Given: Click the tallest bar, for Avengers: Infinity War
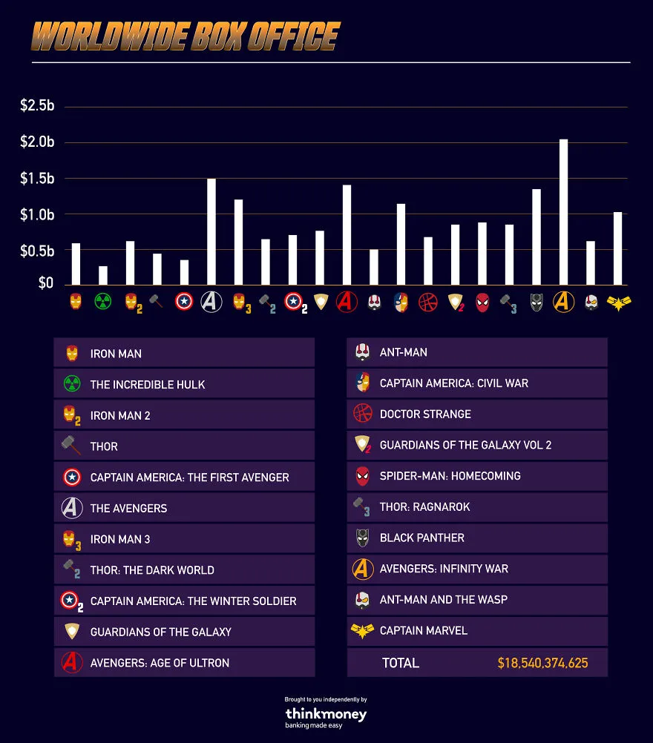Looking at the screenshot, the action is [x=563, y=212].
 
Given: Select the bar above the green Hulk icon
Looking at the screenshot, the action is [x=103, y=275].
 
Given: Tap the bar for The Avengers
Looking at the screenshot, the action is [x=211, y=231].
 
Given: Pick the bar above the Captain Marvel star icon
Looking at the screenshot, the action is [x=618, y=248].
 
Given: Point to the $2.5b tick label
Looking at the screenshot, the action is [x=37, y=105].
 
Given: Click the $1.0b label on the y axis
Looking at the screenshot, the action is [x=37, y=214].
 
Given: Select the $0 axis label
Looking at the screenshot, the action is [x=45, y=283].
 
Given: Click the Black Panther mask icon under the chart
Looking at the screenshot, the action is [x=536, y=302].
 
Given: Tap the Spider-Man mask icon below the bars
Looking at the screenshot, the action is [x=482, y=303].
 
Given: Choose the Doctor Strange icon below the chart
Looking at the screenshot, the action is [x=427, y=302].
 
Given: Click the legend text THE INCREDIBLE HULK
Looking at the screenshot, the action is [x=148, y=384].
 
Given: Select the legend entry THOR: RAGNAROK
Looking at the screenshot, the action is [x=425, y=507].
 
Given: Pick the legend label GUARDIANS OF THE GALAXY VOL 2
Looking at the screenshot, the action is [x=466, y=445].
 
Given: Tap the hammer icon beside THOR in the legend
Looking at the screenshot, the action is [x=71, y=446].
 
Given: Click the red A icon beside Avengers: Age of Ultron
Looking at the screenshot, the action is [x=72, y=662].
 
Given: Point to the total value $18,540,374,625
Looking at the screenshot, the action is [x=542, y=663].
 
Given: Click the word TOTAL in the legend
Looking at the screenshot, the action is [x=401, y=663].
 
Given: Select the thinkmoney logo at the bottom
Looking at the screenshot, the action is [x=326, y=714].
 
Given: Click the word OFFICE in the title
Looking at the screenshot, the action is [x=294, y=36].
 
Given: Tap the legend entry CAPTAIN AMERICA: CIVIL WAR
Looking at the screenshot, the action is [x=454, y=383].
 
